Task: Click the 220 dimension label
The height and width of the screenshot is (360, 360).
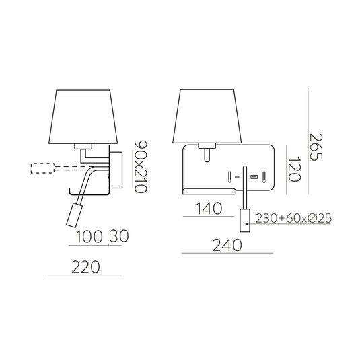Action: [x=85, y=267]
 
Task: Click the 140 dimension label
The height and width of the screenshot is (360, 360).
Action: [x=209, y=209]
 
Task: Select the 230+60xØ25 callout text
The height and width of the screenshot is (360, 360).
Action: [x=294, y=219]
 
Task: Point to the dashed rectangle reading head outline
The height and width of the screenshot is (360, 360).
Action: [x=42, y=168]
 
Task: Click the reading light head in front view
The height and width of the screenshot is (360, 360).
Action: [x=245, y=219]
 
